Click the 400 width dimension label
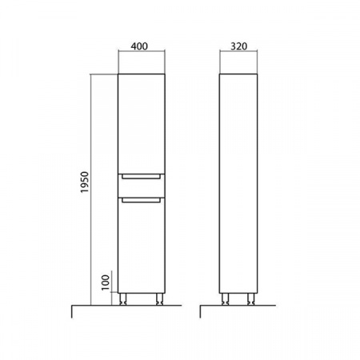point(139,46)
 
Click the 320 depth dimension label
point(238,46)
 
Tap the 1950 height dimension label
point(85,182)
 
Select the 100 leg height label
point(106,282)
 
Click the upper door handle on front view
point(142,176)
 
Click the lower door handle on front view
point(142,200)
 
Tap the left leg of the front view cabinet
point(123,299)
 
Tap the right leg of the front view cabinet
point(159,299)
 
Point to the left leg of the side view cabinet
point(225,299)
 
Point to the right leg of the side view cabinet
point(250,299)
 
